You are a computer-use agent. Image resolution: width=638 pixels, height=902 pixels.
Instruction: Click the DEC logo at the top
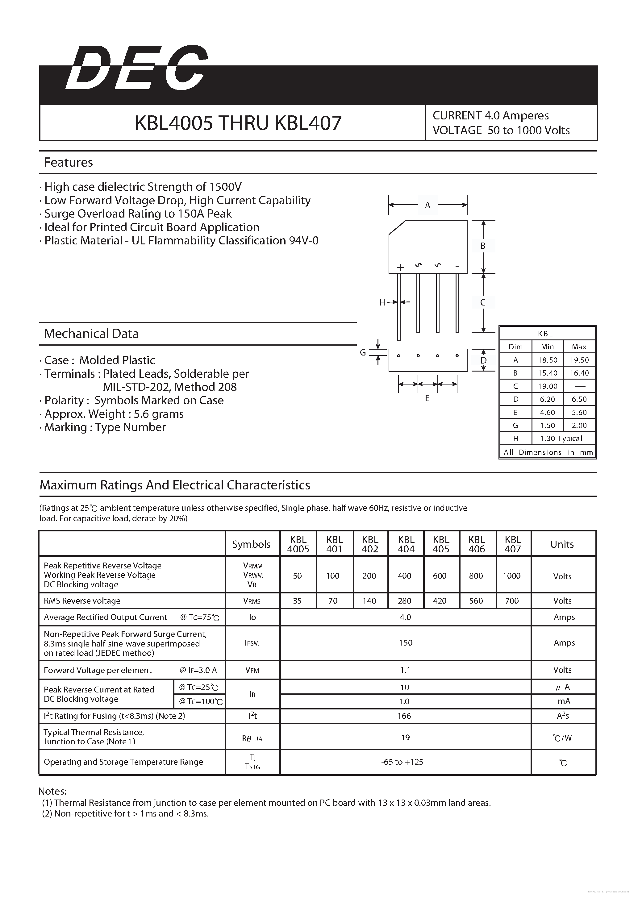click(136, 69)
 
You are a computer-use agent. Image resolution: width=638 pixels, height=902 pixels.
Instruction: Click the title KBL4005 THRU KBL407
click(238, 123)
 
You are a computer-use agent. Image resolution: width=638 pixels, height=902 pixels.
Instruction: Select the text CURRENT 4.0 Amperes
click(491, 115)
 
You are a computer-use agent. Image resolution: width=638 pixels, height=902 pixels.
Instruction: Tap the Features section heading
click(68, 162)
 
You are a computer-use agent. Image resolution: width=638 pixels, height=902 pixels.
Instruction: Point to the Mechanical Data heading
click(91, 334)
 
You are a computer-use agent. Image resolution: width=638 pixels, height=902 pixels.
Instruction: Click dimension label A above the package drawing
click(427, 205)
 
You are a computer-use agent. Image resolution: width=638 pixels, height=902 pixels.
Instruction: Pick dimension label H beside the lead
click(382, 302)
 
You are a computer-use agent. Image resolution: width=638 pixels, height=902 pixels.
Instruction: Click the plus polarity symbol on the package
click(400, 268)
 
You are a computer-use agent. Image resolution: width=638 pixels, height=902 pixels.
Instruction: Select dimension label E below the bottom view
click(427, 398)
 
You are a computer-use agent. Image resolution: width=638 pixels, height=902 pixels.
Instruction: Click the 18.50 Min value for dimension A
click(547, 360)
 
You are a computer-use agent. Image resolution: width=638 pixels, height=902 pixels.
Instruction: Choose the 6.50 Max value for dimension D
click(579, 399)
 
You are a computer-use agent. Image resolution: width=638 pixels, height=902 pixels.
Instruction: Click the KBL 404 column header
click(406, 544)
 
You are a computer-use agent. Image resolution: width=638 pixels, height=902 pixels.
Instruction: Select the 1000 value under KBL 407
click(511, 576)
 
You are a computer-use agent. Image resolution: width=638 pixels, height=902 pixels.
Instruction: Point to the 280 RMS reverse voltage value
click(404, 601)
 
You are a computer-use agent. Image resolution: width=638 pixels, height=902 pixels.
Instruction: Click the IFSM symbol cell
click(252, 643)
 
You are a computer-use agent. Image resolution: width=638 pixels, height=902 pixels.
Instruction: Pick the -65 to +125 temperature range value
click(402, 762)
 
